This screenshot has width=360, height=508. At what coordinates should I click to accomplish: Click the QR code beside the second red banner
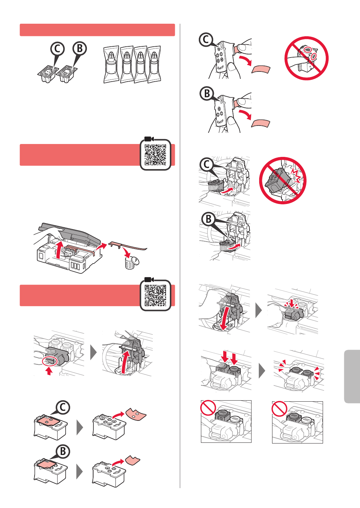pyautogui.click(x=155, y=155)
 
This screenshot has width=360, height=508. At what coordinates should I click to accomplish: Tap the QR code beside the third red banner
pyautogui.click(x=155, y=296)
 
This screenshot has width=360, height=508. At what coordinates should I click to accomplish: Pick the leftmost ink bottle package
pyautogui.click(x=111, y=65)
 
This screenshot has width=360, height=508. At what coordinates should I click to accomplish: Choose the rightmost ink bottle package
pyautogui.click(x=154, y=65)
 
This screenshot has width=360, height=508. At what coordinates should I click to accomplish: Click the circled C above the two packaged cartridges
pyautogui.click(x=58, y=48)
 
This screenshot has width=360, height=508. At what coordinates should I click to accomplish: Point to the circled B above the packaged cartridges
pyautogui.click(x=80, y=48)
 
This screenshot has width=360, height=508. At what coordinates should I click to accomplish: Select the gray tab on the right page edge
pyautogui.click(x=352, y=377)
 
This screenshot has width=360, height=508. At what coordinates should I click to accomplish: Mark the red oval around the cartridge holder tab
pyautogui.click(x=50, y=361)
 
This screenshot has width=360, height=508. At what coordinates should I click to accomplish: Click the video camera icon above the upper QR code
pyautogui.click(x=149, y=139)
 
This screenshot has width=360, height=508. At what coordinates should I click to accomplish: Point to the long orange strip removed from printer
pyautogui.click(x=128, y=246)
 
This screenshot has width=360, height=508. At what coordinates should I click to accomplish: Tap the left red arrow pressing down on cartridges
pyautogui.click(x=225, y=357)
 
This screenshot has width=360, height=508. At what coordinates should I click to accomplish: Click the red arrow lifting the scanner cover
pyautogui.click(x=59, y=250)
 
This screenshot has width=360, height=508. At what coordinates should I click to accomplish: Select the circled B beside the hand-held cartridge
pyautogui.click(x=207, y=93)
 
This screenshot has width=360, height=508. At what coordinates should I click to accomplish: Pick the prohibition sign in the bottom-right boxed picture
pyautogui.click(x=279, y=409)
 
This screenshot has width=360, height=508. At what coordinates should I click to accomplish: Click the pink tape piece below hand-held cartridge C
pyautogui.click(x=261, y=69)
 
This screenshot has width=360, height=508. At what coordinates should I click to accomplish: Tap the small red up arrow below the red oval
pyautogui.click(x=49, y=371)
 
